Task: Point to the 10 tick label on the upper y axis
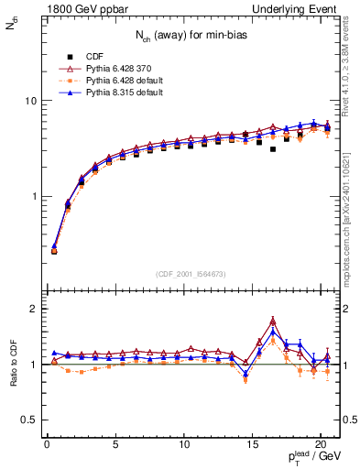point(27,100)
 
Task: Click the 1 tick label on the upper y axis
point(30,197)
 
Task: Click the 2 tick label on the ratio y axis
point(30,309)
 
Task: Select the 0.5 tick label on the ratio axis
point(26,420)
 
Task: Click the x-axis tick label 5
point(115,446)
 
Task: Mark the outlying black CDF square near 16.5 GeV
point(273,148)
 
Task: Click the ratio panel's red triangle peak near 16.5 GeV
point(273,321)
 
